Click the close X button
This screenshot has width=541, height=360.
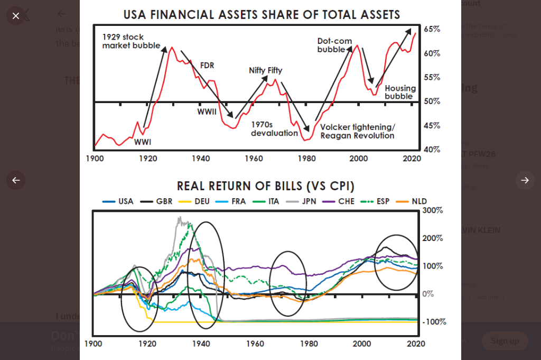click(16, 16)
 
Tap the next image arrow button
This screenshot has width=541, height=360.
click(525, 180)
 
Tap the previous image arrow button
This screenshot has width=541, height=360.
click(16, 180)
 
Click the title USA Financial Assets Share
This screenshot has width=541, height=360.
click(262, 14)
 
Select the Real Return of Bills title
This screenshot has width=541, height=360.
click(265, 186)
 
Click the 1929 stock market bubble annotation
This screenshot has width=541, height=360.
click(131, 41)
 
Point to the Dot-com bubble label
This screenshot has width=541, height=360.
click(334, 45)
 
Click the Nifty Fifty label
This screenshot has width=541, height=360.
click(265, 70)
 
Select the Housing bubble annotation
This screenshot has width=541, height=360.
click(400, 92)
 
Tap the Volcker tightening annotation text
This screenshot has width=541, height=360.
click(357, 131)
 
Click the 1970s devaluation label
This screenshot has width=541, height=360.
click(274, 128)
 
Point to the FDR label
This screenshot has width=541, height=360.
click(207, 66)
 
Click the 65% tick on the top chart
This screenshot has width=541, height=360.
click(432, 29)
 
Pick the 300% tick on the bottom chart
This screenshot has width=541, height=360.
click(432, 210)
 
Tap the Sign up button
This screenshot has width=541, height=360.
click(505, 341)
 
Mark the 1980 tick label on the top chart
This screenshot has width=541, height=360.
click(306, 158)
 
